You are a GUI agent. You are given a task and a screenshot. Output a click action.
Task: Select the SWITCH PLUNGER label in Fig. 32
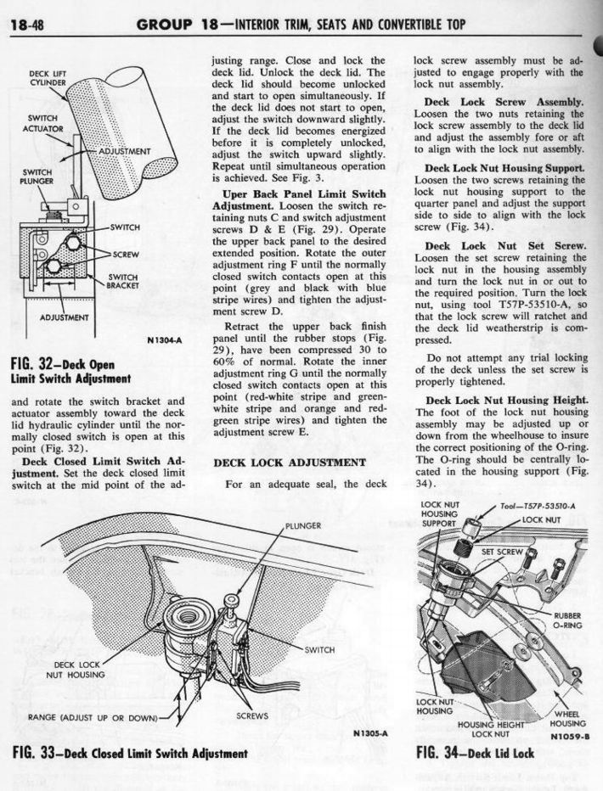[35, 176]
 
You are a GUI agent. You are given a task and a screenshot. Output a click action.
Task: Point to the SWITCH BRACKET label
[124, 283]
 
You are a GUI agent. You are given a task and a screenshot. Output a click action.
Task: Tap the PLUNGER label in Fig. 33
[303, 526]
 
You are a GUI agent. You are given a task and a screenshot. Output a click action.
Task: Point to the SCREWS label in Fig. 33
[254, 716]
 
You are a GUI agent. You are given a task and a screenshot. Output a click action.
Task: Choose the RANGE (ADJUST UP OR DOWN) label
[93, 718]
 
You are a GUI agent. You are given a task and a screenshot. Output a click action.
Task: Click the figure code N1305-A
[369, 732]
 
